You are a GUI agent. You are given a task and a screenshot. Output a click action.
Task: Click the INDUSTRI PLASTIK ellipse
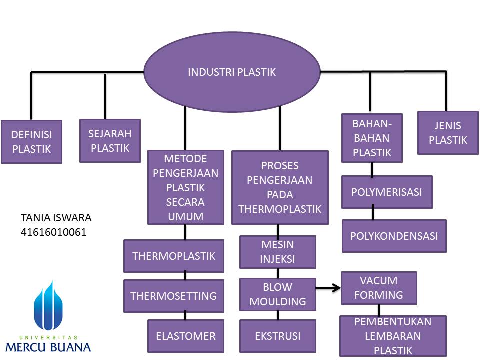232,72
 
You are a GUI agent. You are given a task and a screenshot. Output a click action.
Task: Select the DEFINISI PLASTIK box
31,142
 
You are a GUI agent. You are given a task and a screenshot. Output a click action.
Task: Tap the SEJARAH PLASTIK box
110,141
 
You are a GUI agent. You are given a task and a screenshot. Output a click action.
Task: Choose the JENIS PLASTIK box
448,133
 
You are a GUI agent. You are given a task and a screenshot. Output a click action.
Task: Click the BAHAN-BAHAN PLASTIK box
372,138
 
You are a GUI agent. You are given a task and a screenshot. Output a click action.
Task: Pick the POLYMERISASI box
387,192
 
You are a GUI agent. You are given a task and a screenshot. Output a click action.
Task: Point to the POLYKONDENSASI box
394,236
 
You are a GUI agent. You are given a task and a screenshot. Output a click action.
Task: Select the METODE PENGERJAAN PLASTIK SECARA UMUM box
186,187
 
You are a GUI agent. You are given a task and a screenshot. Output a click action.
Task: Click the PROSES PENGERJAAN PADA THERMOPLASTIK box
280,187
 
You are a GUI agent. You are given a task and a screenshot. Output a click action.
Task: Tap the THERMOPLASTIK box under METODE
174,256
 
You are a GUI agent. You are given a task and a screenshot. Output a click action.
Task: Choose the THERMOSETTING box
174,296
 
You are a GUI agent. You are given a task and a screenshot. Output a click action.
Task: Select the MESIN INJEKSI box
278,252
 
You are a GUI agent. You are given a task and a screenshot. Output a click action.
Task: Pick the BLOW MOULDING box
278,294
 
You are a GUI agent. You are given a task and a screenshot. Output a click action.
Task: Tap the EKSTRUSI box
278,336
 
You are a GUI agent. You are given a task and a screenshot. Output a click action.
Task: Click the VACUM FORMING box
378,288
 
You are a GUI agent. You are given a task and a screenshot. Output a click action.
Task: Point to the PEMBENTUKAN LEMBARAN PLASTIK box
393,335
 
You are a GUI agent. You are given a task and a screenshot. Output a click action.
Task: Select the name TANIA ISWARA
56,218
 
